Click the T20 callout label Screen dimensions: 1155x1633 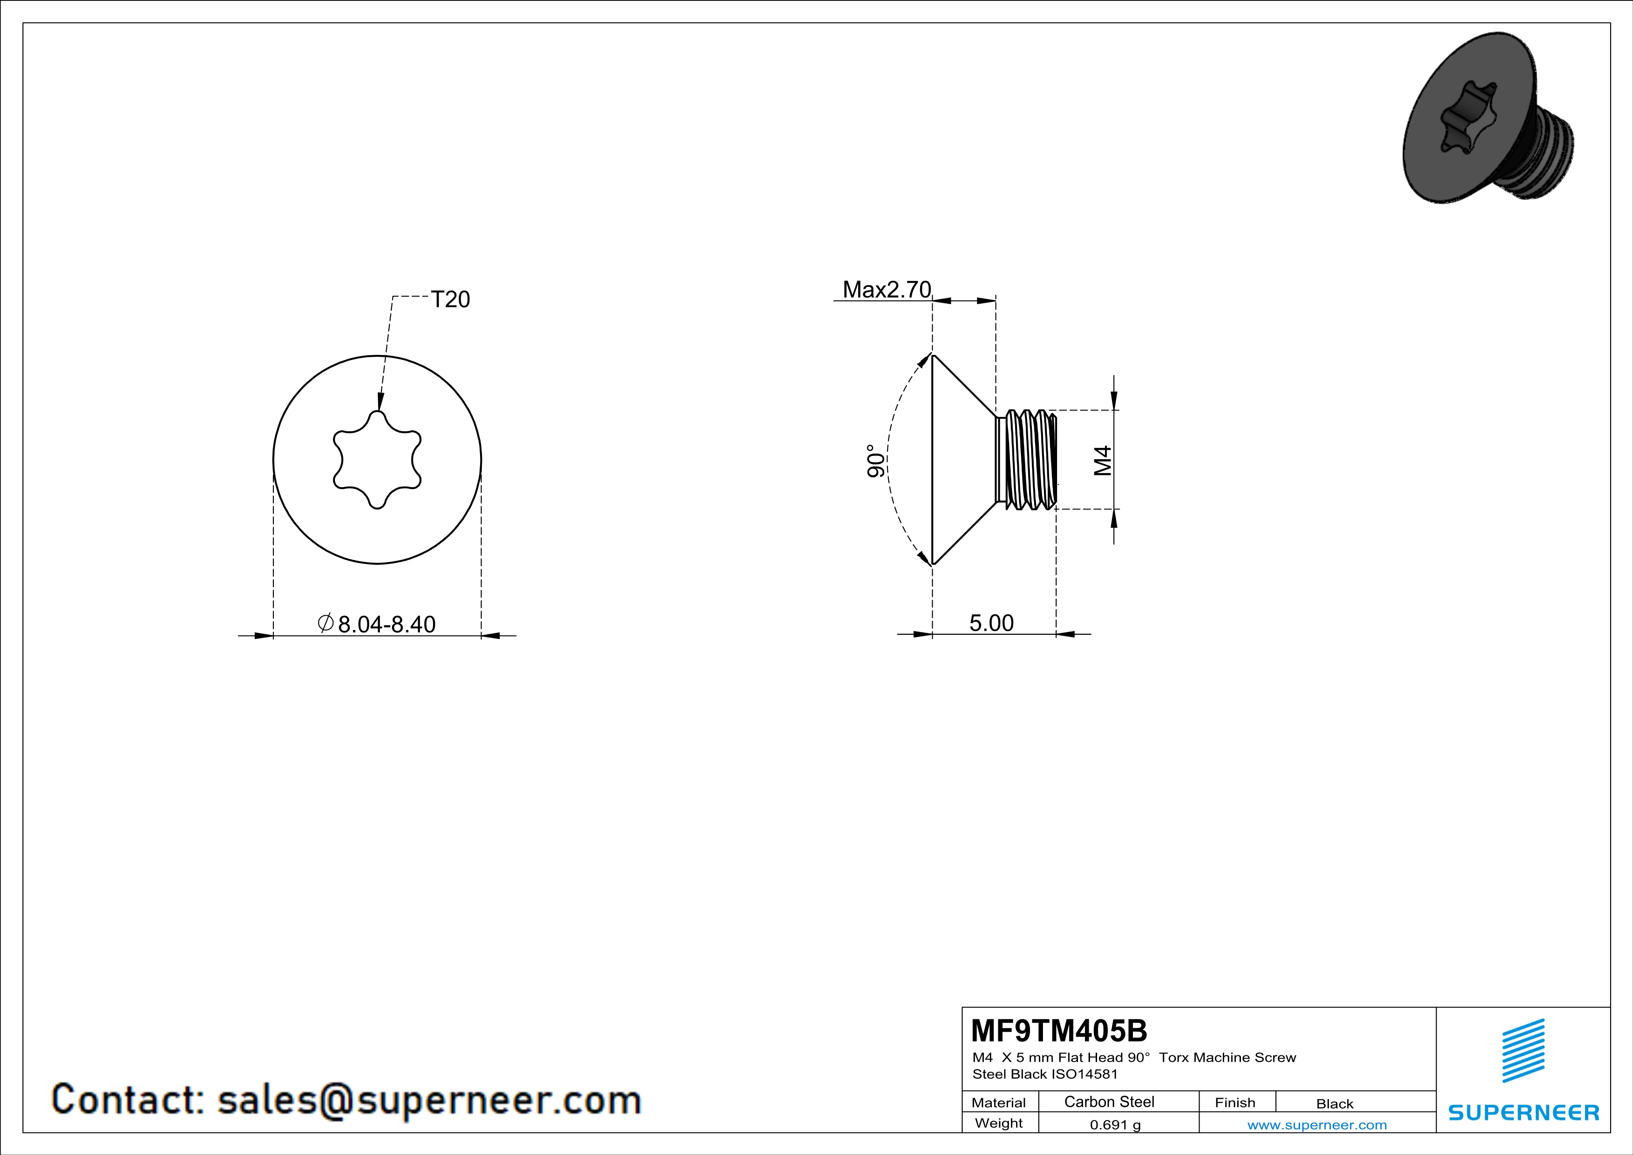pos(450,299)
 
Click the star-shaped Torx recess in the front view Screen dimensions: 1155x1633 pos(377,460)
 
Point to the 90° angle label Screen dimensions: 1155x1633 pos(876,461)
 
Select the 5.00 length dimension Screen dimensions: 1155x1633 pos(991,623)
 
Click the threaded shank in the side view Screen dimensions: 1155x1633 pos(1028,460)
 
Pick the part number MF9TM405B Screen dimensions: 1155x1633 pos(1059,1031)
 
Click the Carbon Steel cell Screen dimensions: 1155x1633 pos(1109,1101)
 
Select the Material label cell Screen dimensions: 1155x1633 pos(999,1102)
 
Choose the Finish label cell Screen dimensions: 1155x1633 pos(1235,1102)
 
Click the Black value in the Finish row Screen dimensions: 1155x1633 pos(1334,1104)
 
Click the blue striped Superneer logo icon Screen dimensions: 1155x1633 pos(1523,1050)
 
